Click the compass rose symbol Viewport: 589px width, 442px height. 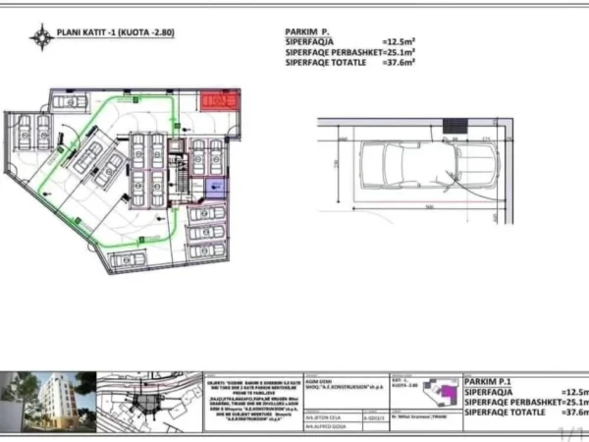tap(41, 37)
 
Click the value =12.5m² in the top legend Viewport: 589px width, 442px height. tap(397, 42)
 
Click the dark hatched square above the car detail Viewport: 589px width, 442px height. tap(455, 126)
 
